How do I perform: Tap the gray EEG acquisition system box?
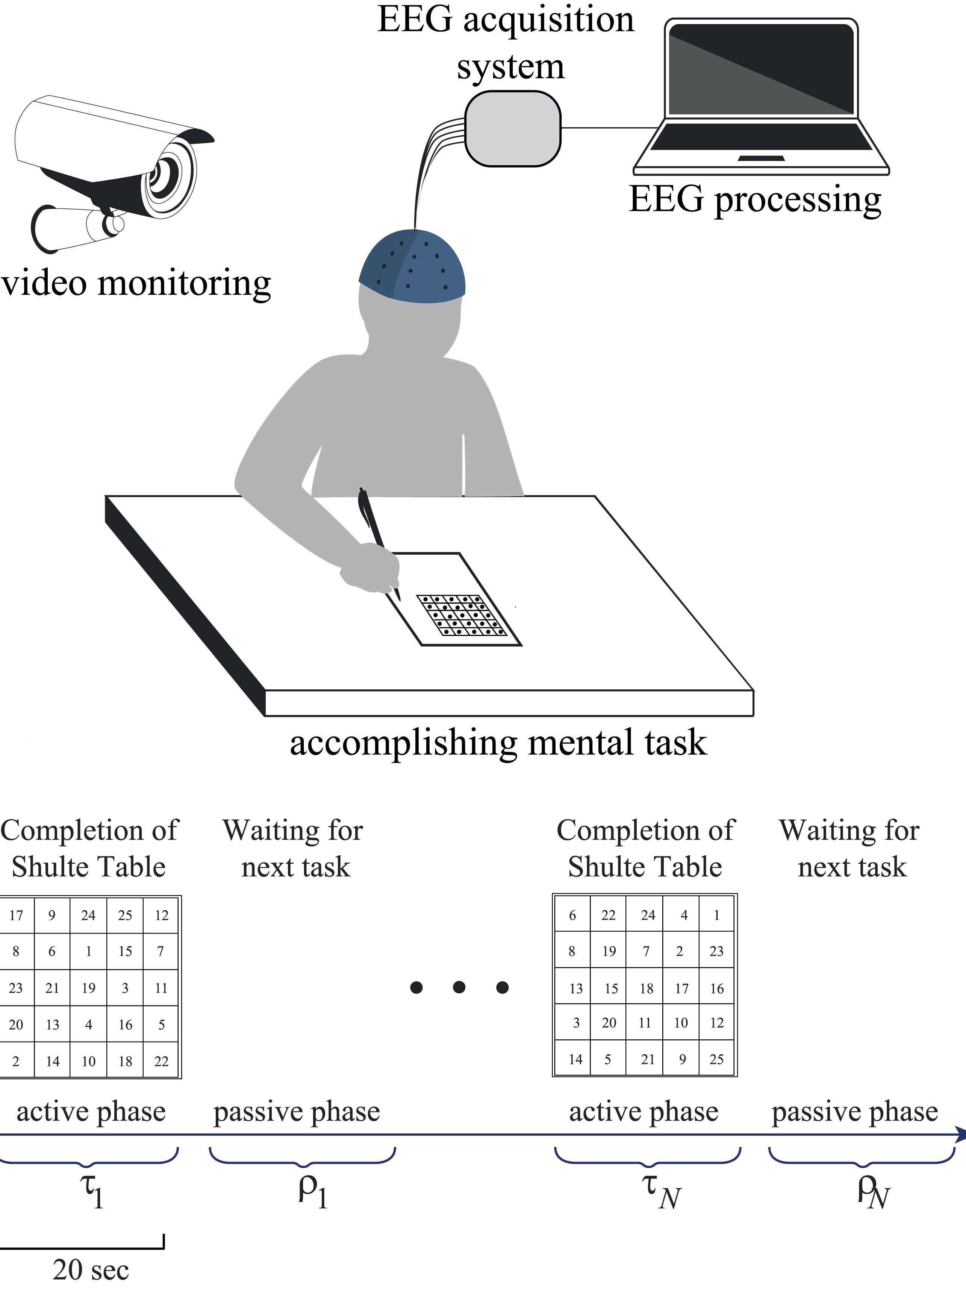coord(512,129)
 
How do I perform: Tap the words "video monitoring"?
coord(135,283)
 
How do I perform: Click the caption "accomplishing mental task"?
coord(498,742)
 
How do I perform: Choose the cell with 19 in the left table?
coord(88,988)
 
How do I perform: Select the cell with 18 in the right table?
coord(646,989)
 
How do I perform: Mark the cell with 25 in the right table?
coord(717,1059)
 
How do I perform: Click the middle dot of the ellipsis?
coord(459,987)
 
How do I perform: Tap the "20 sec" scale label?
coord(91,1270)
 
